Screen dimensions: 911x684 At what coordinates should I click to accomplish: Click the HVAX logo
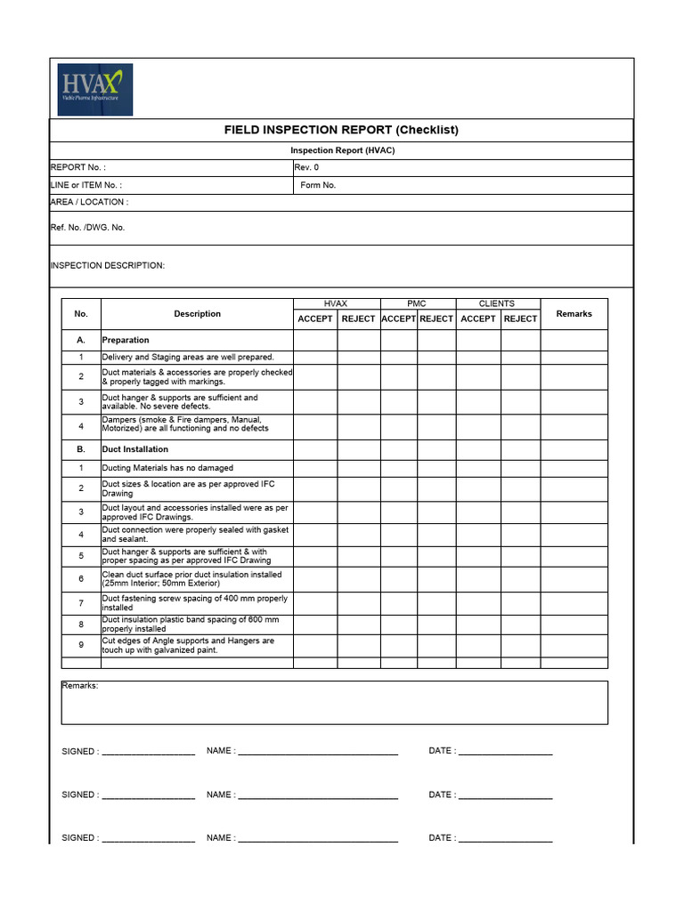click(95, 89)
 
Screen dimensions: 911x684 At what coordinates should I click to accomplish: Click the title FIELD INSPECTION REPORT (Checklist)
click(341, 130)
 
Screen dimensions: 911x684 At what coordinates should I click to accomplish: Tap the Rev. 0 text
click(306, 167)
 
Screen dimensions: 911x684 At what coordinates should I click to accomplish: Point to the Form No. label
click(318, 185)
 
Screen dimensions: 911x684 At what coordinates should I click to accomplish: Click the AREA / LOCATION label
click(89, 202)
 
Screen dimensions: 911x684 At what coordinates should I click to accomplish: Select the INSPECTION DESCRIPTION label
click(108, 266)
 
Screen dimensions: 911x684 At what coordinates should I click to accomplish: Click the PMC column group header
click(417, 304)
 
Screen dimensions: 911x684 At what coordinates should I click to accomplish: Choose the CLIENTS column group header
click(497, 304)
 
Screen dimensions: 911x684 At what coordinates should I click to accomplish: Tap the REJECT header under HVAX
click(358, 318)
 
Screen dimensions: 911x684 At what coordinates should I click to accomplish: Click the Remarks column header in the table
click(574, 313)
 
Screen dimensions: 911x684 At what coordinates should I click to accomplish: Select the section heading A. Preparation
click(126, 340)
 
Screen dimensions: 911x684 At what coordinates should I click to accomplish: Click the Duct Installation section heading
click(134, 449)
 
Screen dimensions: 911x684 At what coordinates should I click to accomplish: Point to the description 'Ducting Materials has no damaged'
click(168, 468)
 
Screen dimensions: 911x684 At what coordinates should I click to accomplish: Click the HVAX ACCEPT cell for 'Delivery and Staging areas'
click(315, 357)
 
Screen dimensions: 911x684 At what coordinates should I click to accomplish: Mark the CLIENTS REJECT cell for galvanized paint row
click(520, 645)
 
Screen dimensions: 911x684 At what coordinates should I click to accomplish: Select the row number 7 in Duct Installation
click(81, 603)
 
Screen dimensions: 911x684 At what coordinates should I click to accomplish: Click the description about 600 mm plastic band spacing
click(190, 624)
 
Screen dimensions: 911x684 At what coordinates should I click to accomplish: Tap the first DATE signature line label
click(442, 751)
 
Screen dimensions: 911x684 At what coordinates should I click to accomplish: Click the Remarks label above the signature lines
click(80, 686)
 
